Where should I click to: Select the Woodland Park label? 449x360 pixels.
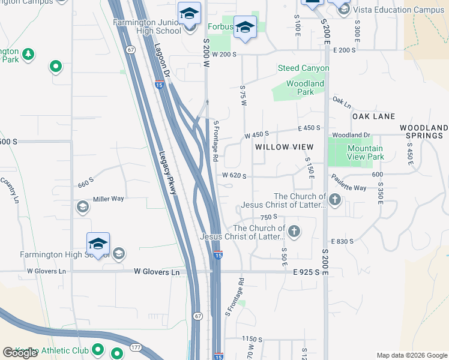pyautogui.click(x=305, y=88)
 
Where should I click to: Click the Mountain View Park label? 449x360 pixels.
pyautogui.click(x=365, y=152)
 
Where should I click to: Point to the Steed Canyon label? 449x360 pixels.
pyautogui.click(x=303, y=68)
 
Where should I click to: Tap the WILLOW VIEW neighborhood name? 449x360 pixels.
pyautogui.click(x=284, y=147)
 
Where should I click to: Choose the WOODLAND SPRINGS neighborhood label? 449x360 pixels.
pyautogui.click(x=424, y=132)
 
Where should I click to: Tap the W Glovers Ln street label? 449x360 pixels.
pyautogui.click(x=46, y=271)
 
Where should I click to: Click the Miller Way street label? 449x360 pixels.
pyautogui.click(x=108, y=199)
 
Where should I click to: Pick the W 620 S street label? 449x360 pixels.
pyautogui.click(x=235, y=176)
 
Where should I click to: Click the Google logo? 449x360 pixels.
pyautogui.click(x=20, y=353)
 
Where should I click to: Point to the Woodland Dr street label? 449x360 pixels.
pyautogui.click(x=352, y=135)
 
